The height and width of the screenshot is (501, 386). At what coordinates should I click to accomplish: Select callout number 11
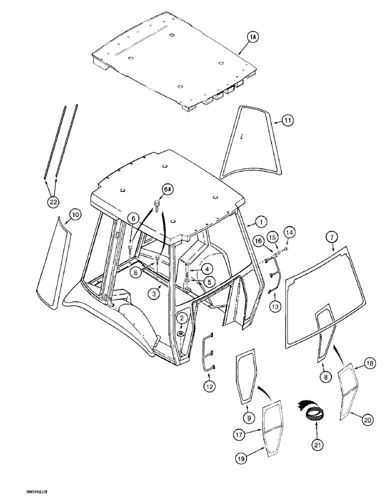(287, 121)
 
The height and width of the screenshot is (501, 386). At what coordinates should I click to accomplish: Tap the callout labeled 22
(53, 202)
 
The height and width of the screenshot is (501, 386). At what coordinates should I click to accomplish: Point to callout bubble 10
(75, 215)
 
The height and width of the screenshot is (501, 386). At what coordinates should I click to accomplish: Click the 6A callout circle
(166, 190)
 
